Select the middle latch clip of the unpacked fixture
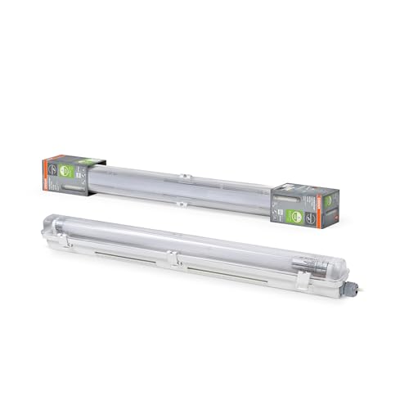[x=172, y=259]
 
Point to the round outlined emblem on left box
[x=52, y=164]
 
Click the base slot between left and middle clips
[x=115, y=254]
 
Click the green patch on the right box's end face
[x=329, y=200]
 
